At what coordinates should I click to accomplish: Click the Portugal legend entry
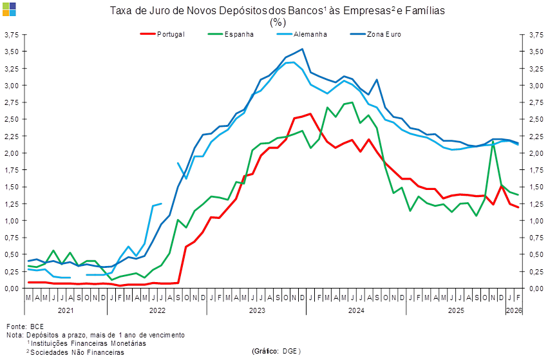(170, 33)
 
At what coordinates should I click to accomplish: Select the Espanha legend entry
(238, 33)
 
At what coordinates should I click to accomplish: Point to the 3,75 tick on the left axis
(11, 35)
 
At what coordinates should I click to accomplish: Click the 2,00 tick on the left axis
(11, 153)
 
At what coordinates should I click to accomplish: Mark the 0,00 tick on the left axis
(11, 289)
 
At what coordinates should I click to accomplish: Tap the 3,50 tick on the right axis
(535, 52)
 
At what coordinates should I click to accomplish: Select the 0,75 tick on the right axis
(535, 238)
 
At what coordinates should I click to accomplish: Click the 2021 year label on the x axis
(65, 310)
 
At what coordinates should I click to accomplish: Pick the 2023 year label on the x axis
(256, 310)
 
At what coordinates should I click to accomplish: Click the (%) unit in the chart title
(278, 21)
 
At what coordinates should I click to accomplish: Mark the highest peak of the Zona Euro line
(303, 49)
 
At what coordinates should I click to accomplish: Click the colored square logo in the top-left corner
(10, 8)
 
